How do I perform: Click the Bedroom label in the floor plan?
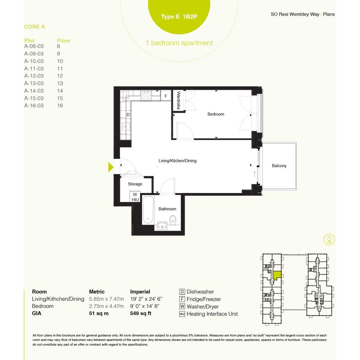216,114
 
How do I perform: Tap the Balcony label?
279,166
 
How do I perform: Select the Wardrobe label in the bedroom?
178,100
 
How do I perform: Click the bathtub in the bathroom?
148,210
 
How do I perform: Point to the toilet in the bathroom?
173,220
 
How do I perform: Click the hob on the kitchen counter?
146,96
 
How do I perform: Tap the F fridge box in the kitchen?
166,96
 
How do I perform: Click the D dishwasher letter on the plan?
128,115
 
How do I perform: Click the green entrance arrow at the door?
110,167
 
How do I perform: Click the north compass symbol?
329,240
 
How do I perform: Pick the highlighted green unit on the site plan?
277,275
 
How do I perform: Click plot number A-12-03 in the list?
34,76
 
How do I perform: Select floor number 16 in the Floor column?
60,106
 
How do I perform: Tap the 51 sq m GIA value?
99,314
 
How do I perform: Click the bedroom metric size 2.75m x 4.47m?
106,306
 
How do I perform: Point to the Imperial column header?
140,291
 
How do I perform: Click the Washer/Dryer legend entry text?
203,307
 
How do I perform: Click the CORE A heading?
34,27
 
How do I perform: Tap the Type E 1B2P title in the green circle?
179,16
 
